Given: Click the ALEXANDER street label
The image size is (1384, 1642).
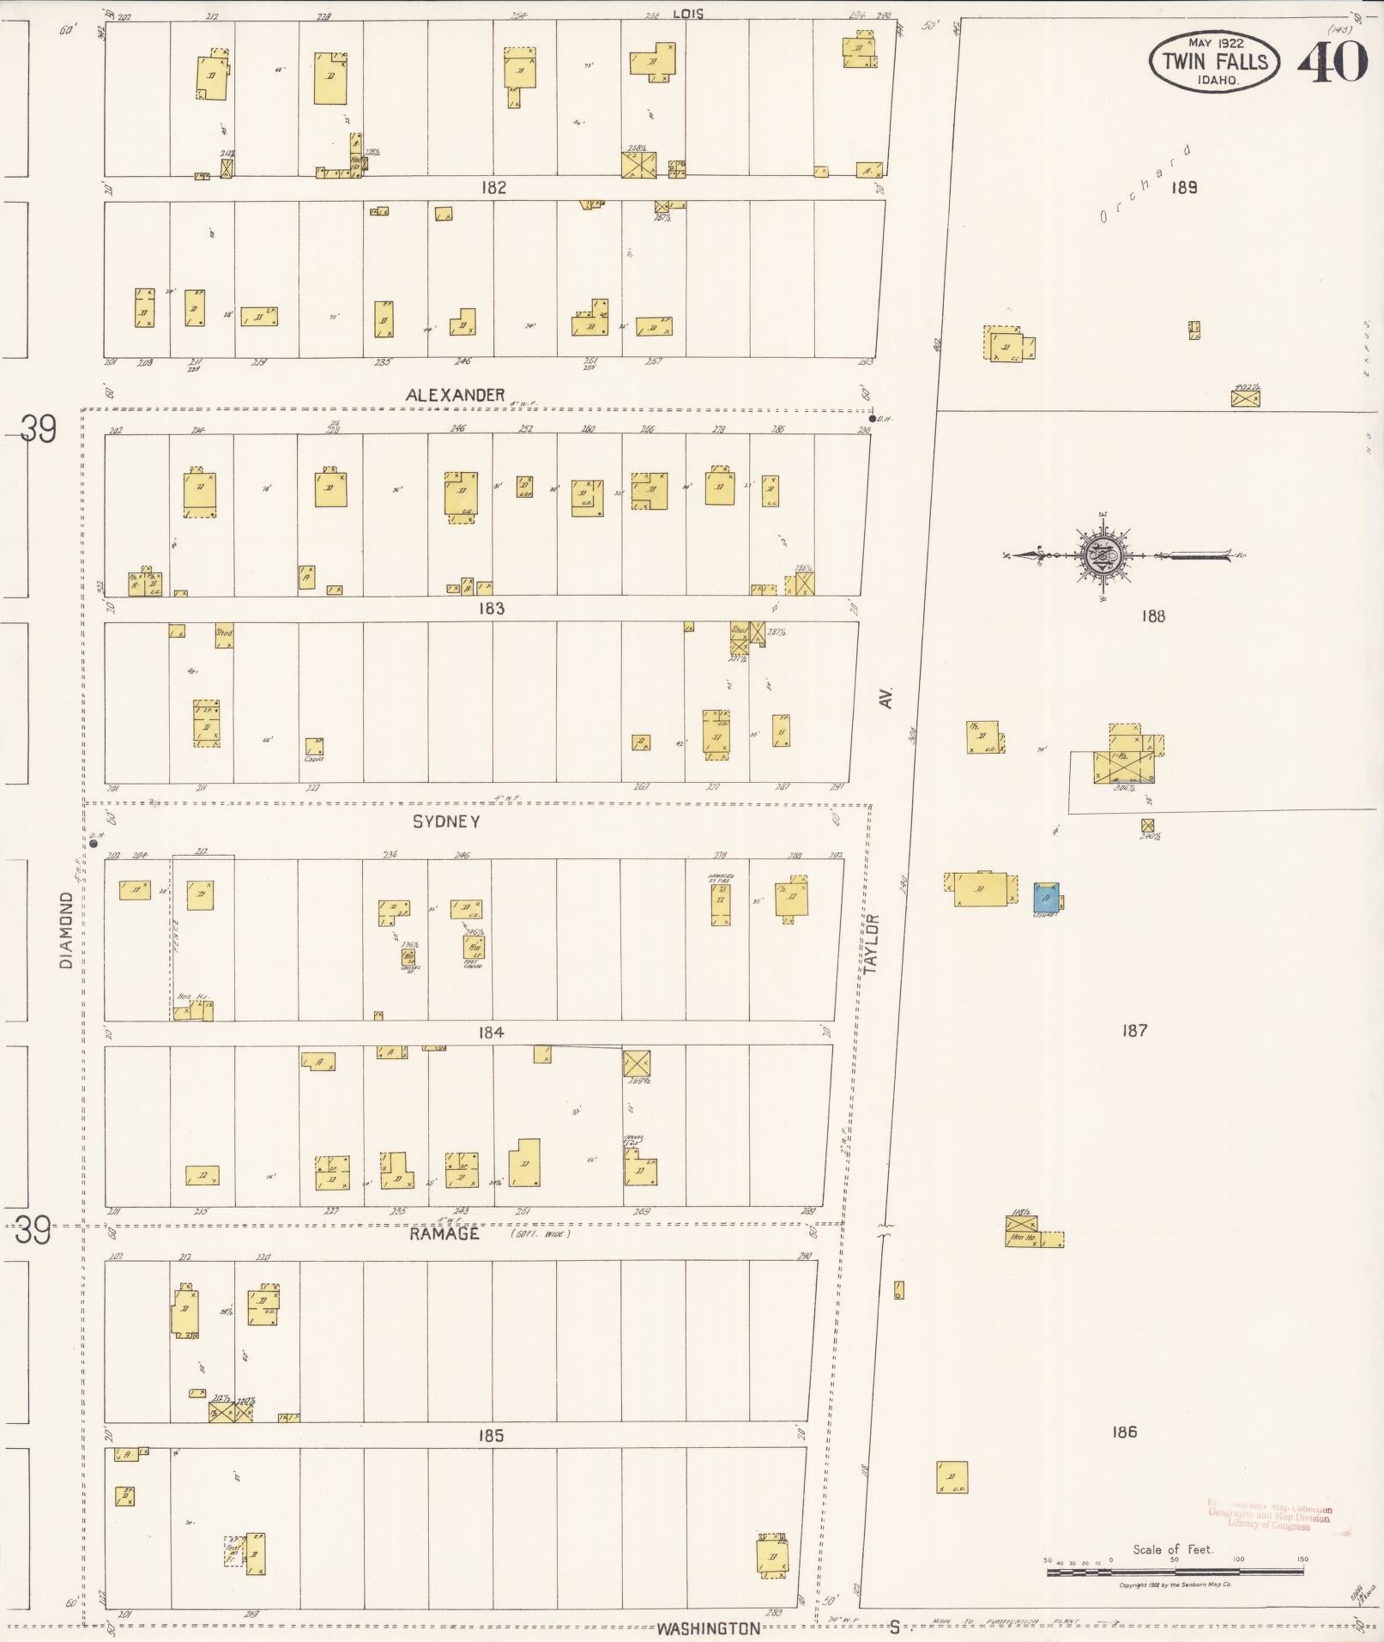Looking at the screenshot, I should point(456,395).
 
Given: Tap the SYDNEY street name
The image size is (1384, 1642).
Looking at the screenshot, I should point(446,821).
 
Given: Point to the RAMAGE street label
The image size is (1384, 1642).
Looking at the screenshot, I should point(444,1234).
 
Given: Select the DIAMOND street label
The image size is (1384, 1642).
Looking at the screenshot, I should point(67,930).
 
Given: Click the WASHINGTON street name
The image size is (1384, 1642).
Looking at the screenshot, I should point(709,1628).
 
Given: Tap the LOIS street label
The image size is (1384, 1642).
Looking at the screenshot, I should point(688,14).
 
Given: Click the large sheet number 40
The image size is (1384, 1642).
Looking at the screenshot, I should point(1332,61).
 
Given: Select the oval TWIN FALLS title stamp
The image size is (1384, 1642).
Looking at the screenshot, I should point(1214,60).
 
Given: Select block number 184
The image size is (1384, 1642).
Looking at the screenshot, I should point(491,1033).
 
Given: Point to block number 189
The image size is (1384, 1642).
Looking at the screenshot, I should point(1184,187).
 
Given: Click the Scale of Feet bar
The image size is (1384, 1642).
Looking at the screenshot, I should point(1175,1572).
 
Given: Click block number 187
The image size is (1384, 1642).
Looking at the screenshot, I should point(1134,1030).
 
